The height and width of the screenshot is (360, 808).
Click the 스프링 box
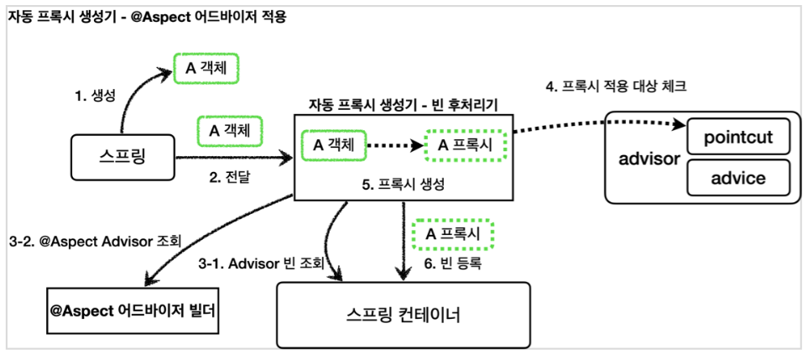pyautogui.click(x=122, y=158)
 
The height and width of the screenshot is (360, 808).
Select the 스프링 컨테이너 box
pyautogui.click(x=403, y=315)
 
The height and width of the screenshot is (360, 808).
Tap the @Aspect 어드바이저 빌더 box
pyautogui.click(x=132, y=310)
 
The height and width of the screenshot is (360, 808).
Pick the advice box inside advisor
pyautogui.click(x=738, y=178)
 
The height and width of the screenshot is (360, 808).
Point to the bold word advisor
pyautogui.click(x=647, y=159)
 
